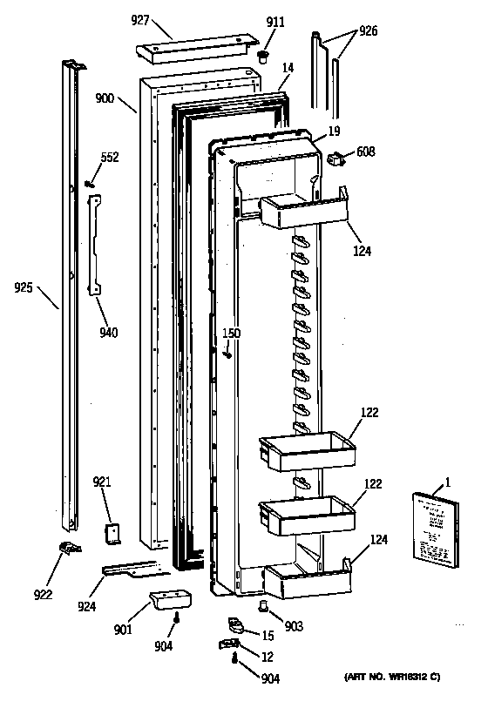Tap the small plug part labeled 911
point(261,58)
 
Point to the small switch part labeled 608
point(335,158)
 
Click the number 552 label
point(109,158)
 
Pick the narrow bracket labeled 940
point(94,244)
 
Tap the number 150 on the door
point(230,333)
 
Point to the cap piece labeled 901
point(170,600)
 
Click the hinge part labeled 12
point(227,644)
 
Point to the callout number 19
point(332,131)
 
